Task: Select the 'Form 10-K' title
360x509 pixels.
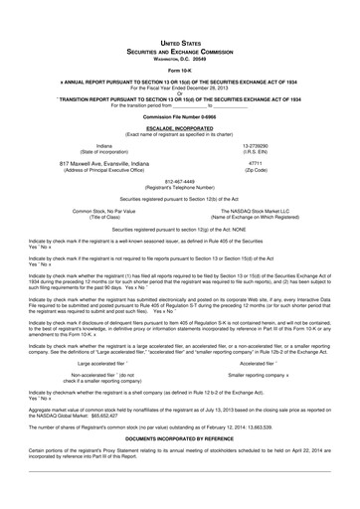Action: (x=180, y=71)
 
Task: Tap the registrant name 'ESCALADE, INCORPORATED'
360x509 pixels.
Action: (x=180, y=129)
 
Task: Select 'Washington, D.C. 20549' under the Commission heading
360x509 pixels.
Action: (x=180, y=59)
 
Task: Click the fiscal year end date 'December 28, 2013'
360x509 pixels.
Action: (x=210, y=87)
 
